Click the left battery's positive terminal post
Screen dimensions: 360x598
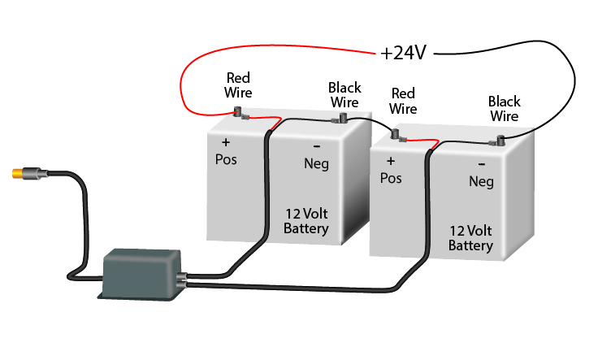[x=239, y=113]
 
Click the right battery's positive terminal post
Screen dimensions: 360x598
[x=396, y=133]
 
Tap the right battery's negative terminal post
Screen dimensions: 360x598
[x=501, y=140]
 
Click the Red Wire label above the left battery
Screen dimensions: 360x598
[x=238, y=85]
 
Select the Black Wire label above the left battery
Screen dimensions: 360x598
[x=344, y=94]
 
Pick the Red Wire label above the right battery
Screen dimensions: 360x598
[x=403, y=101]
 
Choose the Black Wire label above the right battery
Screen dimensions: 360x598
[x=504, y=109]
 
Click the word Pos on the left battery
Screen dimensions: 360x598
[x=225, y=158]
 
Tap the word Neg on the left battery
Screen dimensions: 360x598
[x=316, y=164]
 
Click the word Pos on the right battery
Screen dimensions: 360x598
[x=391, y=177]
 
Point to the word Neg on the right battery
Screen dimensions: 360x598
[x=481, y=182]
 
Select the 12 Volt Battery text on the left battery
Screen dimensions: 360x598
[x=306, y=222]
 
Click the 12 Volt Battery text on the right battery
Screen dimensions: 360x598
[x=470, y=237]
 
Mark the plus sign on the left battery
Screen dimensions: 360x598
[x=225, y=141]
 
